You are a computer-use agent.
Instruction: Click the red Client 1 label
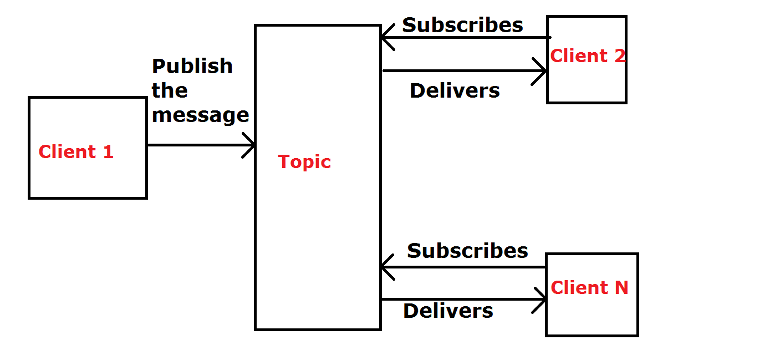pos(76,151)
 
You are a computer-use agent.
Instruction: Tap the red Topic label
pos(304,161)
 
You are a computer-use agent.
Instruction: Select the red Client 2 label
pos(588,55)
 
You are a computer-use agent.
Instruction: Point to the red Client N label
pos(589,287)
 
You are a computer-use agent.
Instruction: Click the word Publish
pos(192,66)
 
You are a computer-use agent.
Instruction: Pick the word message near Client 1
pos(200,115)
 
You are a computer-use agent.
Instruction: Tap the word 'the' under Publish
pos(170,90)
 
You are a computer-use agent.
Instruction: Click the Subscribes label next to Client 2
pos(462,25)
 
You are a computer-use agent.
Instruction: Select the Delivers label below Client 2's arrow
pos(455,90)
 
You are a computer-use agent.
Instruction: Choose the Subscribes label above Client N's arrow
pos(467,251)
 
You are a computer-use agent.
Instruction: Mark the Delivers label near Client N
pos(448,311)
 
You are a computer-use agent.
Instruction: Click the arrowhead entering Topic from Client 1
pos(251,145)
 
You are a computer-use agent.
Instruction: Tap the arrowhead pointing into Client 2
pos(542,71)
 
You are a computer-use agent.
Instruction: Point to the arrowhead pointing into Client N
pos(542,300)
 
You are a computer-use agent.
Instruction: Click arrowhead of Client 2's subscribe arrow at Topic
pos(386,38)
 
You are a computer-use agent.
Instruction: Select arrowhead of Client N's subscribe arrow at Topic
pos(386,267)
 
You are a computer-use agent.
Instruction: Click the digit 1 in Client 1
pos(108,151)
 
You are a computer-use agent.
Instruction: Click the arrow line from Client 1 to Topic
pos(194,145)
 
